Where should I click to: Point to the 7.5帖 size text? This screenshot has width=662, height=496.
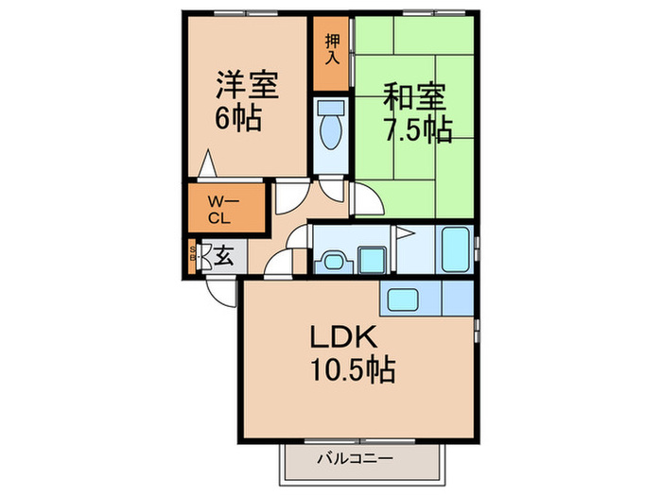coord(415,129)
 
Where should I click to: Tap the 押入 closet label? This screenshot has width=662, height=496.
coord(331,49)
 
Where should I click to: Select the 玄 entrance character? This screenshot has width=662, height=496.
coord(223,255)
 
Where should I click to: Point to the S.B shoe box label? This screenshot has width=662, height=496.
coord(194,256)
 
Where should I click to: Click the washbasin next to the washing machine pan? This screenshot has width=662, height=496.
coord(331,259)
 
